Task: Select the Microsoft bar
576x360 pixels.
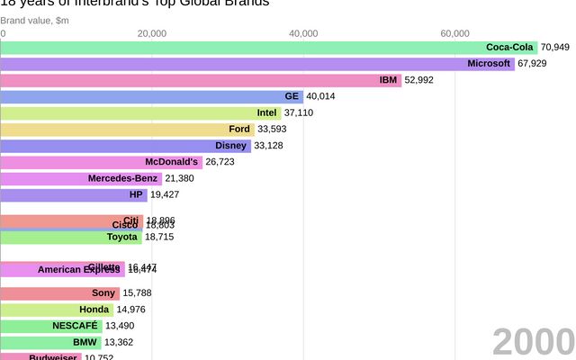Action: tap(257, 63)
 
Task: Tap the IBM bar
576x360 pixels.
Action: tap(200, 80)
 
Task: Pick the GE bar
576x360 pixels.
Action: tap(151, 96)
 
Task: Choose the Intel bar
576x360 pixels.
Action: tap(140, 112)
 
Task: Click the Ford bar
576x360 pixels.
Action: tap(127, 129)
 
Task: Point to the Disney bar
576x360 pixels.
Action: tap(125, 145)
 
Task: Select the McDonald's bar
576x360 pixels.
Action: tap(101, 162)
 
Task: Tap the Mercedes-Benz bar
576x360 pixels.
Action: tap(81, 178)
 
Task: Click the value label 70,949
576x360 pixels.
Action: tap(555, 47)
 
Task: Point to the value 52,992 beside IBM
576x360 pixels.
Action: tap(418, 80)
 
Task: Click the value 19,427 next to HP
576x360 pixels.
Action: tap(165, 194)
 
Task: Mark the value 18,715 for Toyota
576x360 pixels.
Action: tap(159, 237)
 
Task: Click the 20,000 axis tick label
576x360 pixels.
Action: tap(152, 33)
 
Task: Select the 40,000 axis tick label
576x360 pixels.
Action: tap(303, 33)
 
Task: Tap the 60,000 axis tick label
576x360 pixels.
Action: tap(454, 33)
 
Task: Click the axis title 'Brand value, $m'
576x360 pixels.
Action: tap(34, 20)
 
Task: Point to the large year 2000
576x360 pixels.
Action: tap(533, 343)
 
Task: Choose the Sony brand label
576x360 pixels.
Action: tap(103, 292)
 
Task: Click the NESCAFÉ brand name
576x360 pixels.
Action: tap(76, 326)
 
